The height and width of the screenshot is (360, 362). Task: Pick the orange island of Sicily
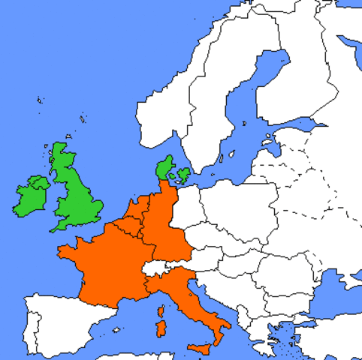200,349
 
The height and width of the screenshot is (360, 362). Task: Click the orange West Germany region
159,225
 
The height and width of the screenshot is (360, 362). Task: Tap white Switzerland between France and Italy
153,268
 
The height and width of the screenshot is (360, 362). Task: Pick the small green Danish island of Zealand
181,176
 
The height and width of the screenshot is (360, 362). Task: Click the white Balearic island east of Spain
116,329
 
